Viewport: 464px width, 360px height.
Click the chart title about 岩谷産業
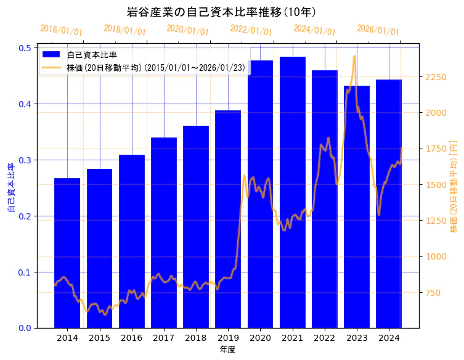[x=221, y=12]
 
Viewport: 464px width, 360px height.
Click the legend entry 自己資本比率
[x=92, y=55]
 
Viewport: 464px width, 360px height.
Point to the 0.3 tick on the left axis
[x=25, y=160]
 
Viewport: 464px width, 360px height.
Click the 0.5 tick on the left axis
[x=25, y=48]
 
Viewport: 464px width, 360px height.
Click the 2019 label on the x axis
[x=228, y=338]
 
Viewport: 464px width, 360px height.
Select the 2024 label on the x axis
[x=389, y=338]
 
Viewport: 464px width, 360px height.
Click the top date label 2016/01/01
[x=61, y=30]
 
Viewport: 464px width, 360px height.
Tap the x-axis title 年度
[x=227, y=350]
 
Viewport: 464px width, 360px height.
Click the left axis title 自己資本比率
[x=10, y=187]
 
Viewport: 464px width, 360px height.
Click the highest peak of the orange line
[x=354, y=56]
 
